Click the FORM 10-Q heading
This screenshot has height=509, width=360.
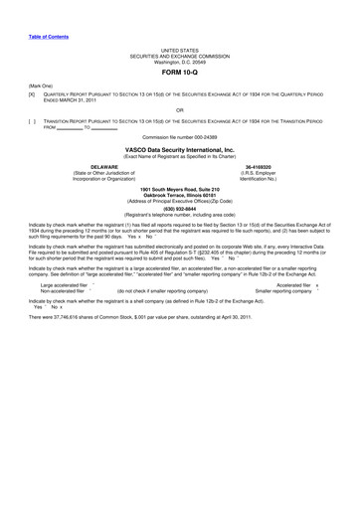coord(179,75)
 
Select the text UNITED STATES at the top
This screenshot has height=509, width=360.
coord(180,49)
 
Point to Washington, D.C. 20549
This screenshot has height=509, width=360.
coord(180,61)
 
